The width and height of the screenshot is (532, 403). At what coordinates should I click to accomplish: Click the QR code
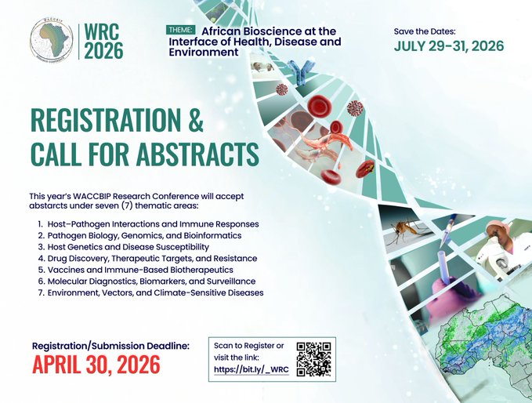pyautogui.click(x=314, y=359)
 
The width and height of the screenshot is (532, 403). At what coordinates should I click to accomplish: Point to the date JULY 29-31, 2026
pyautogui.click(x=448, y=46)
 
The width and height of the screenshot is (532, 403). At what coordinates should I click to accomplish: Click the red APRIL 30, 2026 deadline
pyautogui.click(x=96, y=365)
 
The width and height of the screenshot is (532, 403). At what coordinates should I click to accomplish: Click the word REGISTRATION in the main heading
pyautogui.click(x=105, y=122)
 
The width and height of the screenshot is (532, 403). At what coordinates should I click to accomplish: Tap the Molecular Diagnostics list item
pyautogui.click(x=154, y=281)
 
